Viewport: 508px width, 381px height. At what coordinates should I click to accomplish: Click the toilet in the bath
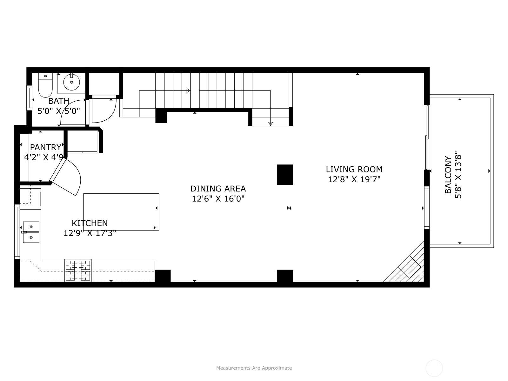45,86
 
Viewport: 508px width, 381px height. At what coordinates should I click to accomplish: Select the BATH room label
59,101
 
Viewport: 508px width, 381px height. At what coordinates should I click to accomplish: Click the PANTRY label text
45,147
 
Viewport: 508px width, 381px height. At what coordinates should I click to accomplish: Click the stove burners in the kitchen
78,271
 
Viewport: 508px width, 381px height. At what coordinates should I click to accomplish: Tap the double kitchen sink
31,232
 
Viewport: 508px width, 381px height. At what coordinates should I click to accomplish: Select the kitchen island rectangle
121,212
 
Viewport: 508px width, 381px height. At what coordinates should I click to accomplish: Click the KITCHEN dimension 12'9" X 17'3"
90,233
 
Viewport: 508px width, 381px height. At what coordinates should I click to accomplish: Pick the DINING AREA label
218,189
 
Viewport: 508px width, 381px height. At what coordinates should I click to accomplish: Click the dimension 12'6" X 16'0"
218,199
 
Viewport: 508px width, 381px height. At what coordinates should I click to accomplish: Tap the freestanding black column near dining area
284,174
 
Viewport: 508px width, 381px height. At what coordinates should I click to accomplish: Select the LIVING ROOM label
354,169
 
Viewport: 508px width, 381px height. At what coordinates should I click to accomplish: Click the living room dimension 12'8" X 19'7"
354,179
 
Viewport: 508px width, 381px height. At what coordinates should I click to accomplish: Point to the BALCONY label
448,175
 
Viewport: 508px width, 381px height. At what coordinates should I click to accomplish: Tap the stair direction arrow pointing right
188,90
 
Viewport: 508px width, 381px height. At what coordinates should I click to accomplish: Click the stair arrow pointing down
270,124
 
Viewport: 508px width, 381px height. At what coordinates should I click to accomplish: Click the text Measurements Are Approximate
254,368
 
